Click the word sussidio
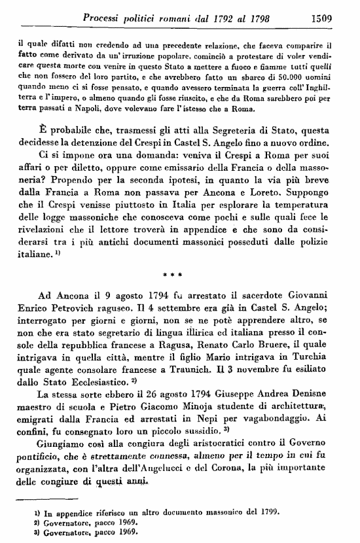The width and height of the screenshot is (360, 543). pos(225,445)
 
